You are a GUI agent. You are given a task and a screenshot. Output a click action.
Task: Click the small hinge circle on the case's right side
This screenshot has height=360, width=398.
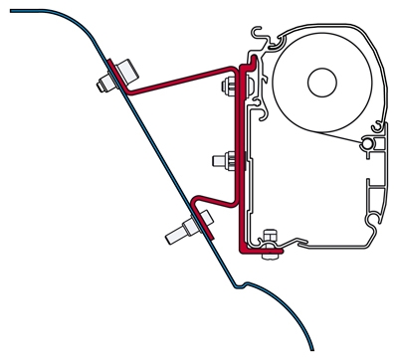pyautogui.click(x=369, y=145)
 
